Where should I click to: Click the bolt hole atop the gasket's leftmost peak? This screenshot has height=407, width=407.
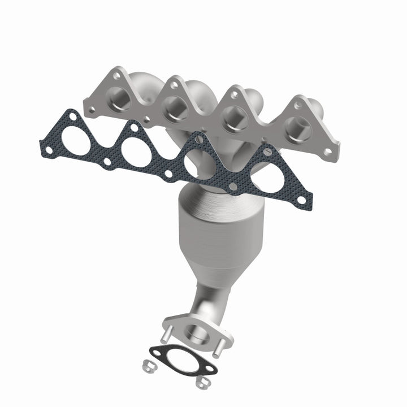coord(73,117)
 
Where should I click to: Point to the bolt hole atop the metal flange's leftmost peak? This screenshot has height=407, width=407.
coord(116,75)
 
